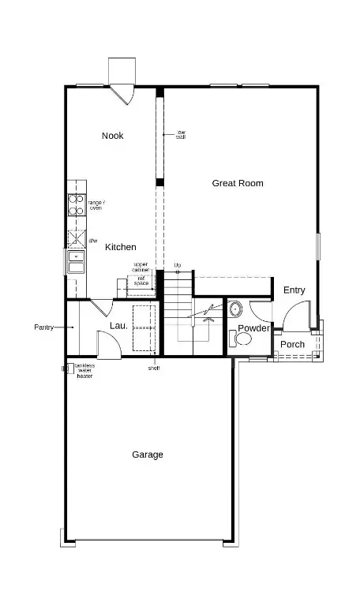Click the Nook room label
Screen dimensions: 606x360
pos(113,136)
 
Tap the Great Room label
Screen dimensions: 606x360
pos(238,183)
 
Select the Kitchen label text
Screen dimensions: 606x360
pos(121,247)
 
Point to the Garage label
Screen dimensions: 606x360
pos(148,454)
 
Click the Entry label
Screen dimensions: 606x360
pos(294,290)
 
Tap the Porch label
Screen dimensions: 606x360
pos(292,344)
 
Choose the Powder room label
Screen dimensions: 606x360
pos(253,328)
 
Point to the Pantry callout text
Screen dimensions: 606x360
pos(44,327)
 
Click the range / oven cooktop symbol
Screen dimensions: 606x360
pos(77,205)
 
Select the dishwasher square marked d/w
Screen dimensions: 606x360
pos(77,238)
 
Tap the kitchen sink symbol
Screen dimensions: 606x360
pos(76,261)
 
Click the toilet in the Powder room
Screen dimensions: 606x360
pos(243,339)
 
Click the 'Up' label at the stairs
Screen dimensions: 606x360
pos(178,264)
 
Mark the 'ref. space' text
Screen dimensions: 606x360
pos(141,280)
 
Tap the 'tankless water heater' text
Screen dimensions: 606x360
pos(85,371)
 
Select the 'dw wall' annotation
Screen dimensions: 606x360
pos(181,134)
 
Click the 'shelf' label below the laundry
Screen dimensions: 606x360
pos(154,368)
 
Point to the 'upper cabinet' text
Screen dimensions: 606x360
pos(141,267)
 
